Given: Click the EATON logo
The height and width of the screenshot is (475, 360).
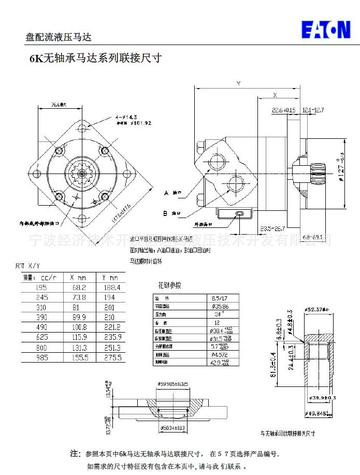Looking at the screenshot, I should click(x=326, y=30).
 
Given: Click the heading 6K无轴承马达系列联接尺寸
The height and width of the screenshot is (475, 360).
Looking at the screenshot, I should click(x=95, y=58).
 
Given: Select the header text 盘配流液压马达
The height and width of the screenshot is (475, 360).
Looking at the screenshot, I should click(x=59, y=37).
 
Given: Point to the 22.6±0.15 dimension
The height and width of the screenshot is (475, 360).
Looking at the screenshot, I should click(x=283, y=110).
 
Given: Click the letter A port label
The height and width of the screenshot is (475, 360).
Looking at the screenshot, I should click(x=166, y=193).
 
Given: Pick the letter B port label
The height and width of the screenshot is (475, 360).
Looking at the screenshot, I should click(x=166, y=213).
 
